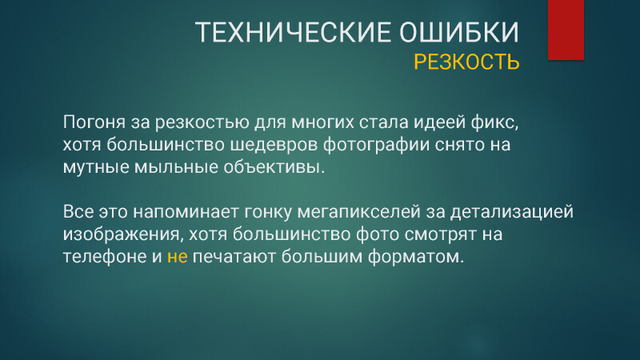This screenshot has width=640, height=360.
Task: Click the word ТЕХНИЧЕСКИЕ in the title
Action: pos(293,32)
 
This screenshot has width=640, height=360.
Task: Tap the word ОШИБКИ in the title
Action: pos(459,32)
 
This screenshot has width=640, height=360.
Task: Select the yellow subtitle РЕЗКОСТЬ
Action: pos(466,62)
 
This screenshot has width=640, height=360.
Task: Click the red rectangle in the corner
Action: pos(566,30)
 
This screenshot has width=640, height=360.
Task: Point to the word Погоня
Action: pos(94,122)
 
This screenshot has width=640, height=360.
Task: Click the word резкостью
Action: pos(202,122)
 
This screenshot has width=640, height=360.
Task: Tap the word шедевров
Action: pos(274,145)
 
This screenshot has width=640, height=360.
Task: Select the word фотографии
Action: pos(376,145)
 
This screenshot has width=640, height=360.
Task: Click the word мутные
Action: pos(96,167)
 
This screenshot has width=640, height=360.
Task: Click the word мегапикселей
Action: pos(358,212)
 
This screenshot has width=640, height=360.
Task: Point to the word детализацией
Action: pos(512,212)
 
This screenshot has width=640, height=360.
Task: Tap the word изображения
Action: pos(122,234)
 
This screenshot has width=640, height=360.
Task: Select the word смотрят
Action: pos(441,234)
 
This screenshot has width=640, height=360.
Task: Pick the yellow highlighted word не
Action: pos(177,257)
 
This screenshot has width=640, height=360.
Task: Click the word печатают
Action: pos(234,257)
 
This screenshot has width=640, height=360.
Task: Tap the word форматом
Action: pos(416,257)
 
